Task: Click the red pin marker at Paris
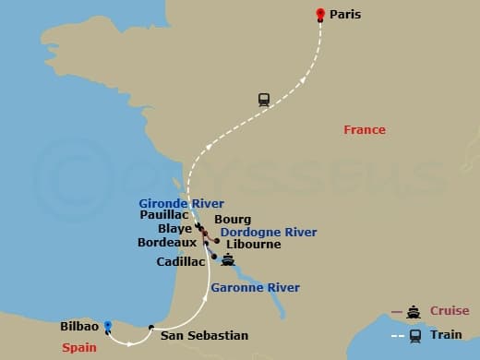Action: click(x=320, y=14)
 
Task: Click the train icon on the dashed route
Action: click(x=264, y=101)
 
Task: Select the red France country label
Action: click(x=364, y=130)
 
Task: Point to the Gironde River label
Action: click(x=181, y=203)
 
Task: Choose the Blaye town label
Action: click(x=174, y=229)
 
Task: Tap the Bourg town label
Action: click(x=233, y=219)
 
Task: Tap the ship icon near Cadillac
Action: click(x=228, y=260)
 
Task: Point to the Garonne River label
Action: click(x=255, y=288)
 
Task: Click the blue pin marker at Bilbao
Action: click(x=108, y=325)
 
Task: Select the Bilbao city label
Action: click(x=78, y=327)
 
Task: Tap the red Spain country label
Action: click(x=80, y=348)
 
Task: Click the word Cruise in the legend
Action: click(x=449, y=311)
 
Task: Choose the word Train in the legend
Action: click(x=446, y=335)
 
